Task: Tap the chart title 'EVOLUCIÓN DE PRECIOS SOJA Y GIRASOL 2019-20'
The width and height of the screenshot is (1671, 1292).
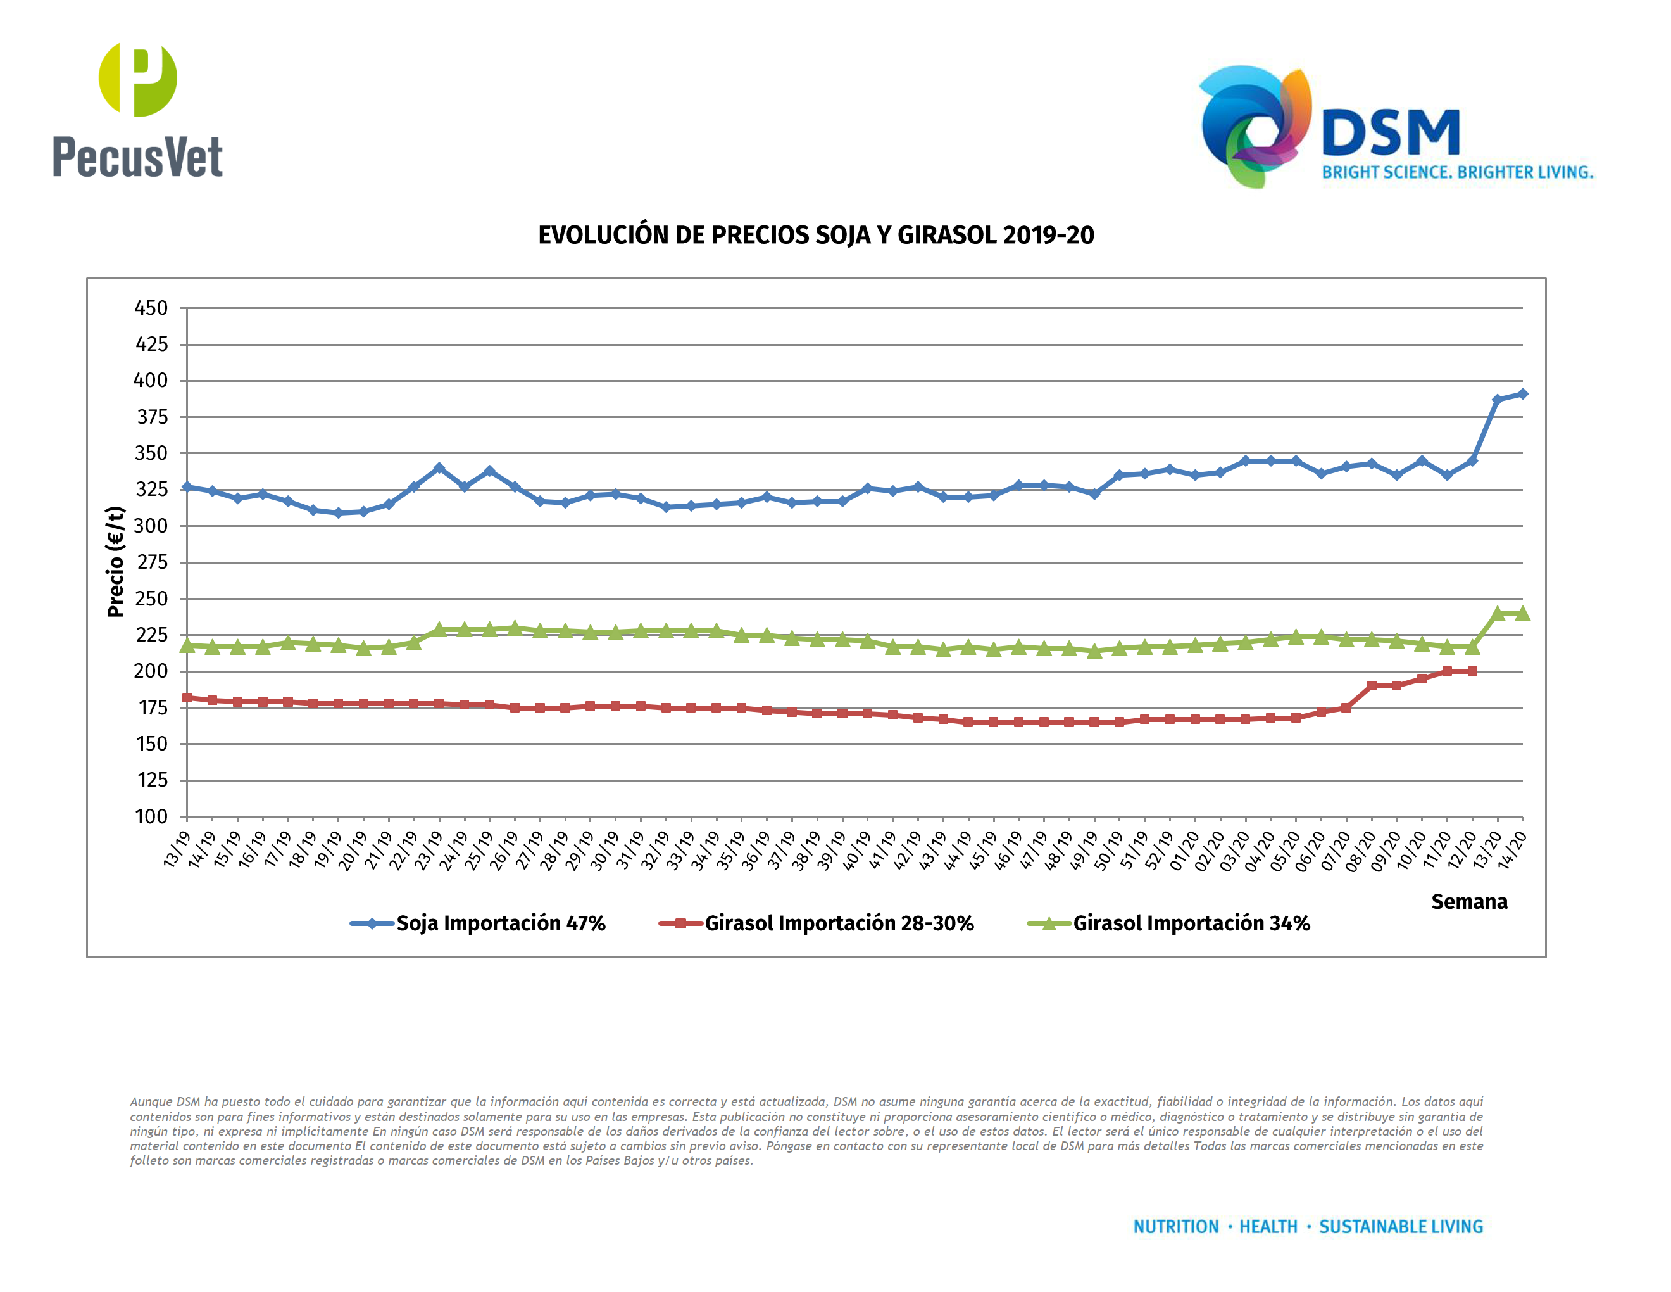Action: (x=816, y=235)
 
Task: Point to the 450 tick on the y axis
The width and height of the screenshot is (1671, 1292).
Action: (x=151, y=308)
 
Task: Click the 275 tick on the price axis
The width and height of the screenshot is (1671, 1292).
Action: (x=151, y=562)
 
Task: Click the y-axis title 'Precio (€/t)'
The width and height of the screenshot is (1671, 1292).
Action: (x=116, y=561)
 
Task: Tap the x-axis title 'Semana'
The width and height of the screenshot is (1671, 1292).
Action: (x=1468, y=902)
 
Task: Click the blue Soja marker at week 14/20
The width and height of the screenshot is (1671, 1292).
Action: (x=1522, y=393)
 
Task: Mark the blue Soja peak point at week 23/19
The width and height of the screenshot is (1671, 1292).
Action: (x=439, y=467)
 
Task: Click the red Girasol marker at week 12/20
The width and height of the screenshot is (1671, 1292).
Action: (x=1472, y=671)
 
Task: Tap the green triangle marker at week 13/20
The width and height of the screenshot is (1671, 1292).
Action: (x=1498, y=613)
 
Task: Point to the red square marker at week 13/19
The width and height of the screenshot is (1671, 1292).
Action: (x=187, y=697)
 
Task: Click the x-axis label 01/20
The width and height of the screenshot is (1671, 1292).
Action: (x=1183, y=851)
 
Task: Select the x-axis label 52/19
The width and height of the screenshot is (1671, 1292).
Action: (x=1158, y=851)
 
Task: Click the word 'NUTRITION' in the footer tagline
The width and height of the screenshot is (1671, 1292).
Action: (x=1175, y=1227)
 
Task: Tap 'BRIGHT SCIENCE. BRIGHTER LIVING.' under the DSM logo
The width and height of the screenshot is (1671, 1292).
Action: (x=1457, y=172)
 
